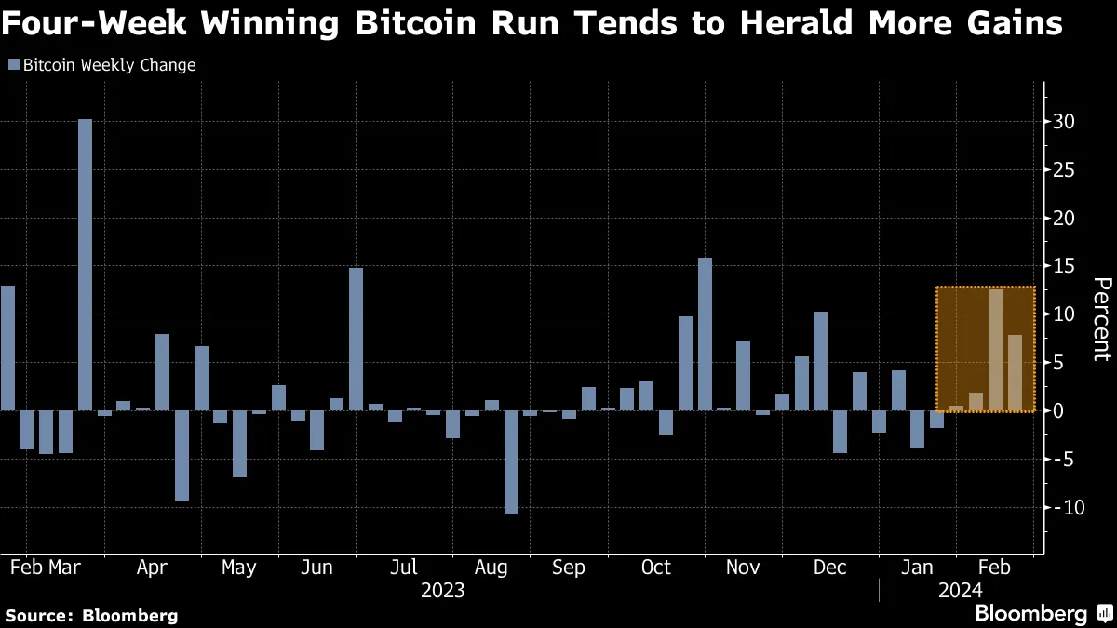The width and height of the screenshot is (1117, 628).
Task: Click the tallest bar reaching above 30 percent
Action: [x=85, y=265]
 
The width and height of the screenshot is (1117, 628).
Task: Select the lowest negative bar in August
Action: [x=511, y=462]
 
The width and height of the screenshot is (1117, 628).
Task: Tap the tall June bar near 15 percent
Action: [x=356, y=340]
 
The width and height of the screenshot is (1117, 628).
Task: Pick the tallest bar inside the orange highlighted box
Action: [x=995, y=350]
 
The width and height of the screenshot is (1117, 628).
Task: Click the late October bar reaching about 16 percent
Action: [x=705, y=334]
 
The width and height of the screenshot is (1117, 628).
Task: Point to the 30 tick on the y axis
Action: [x=1063, y=122]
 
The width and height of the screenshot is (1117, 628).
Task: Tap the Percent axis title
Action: [x=1101, y=319]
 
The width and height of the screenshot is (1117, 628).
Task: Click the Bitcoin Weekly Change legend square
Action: [x=13, y=65]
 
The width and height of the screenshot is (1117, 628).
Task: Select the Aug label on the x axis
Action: [x=491, y=568]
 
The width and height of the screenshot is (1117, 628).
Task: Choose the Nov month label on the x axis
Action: [x=742, y=568]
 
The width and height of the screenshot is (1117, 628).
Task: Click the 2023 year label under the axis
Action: [x=442, y=590]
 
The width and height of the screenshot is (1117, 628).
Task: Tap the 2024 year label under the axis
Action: [x=959, y=590]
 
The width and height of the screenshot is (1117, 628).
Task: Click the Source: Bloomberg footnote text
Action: [x=91, y=615]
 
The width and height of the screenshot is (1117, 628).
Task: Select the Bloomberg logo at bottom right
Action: [x=1043, y=613]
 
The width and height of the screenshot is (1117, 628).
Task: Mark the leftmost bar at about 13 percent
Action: [x=7, y=348]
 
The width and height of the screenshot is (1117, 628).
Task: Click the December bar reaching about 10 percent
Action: [x=820, y=361]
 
